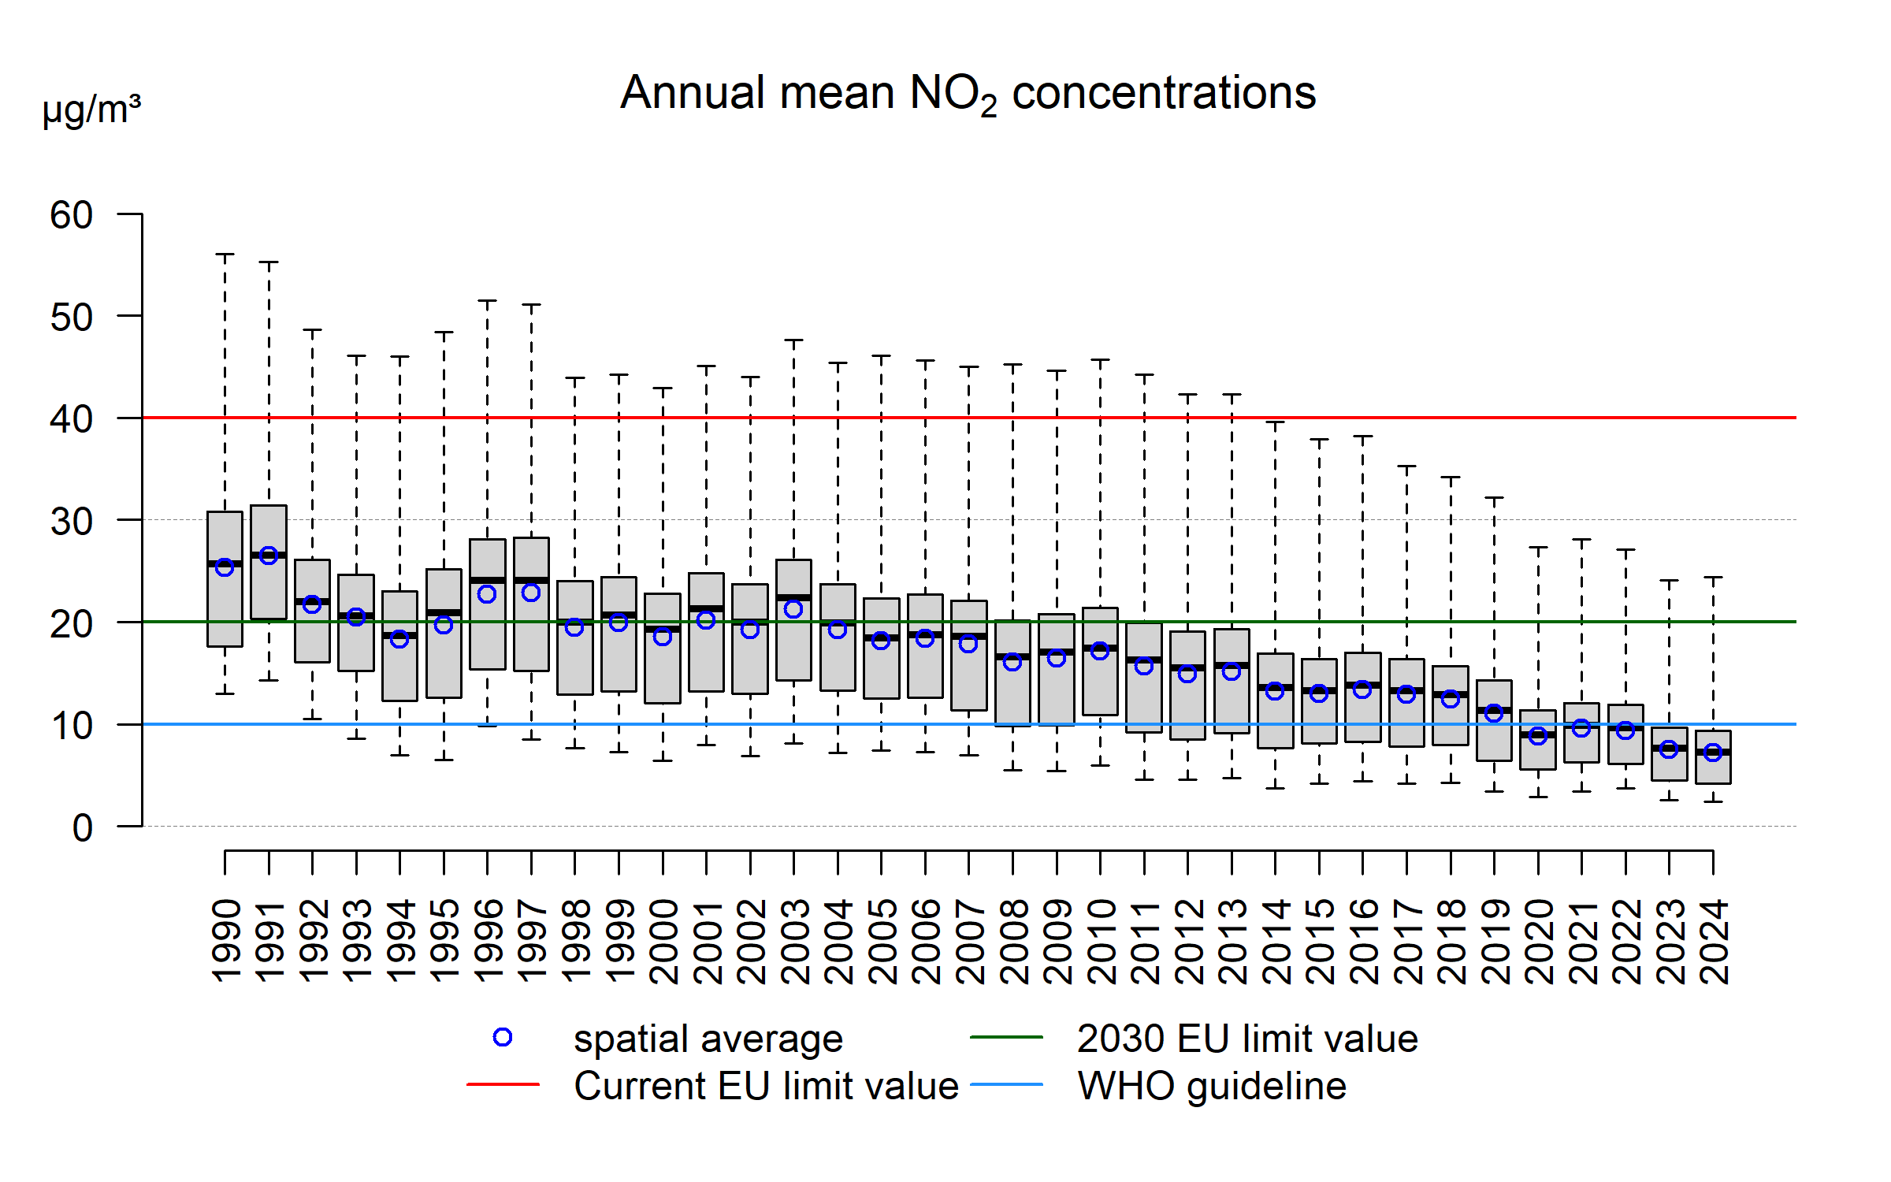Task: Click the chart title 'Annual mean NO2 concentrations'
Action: tap(968, 93)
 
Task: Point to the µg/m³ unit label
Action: tap(91, 110)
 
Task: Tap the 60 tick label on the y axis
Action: tap(72, 215)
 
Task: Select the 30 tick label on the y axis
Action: tap(72, 521)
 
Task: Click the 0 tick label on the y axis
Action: tap(82, 828)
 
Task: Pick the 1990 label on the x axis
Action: tap(226, 941)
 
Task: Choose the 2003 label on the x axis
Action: tap(794, 941)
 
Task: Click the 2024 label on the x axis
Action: tap(1714, 941)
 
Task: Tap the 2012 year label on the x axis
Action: tap(1188, 941)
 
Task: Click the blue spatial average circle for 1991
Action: tap(269, 556)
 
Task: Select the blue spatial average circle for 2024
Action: tap(1712, 753)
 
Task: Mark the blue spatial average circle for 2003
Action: tap(793, 609)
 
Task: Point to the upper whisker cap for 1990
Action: tap(225, 255)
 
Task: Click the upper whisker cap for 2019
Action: tap(1494, 497)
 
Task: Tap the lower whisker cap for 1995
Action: tap(444, 760)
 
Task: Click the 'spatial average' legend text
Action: tap(708, 1039)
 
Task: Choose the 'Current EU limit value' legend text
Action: tap(766, 1086)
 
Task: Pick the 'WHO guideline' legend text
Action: tap(1212, 1086)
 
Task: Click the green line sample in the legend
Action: tap(1006, 1038)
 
